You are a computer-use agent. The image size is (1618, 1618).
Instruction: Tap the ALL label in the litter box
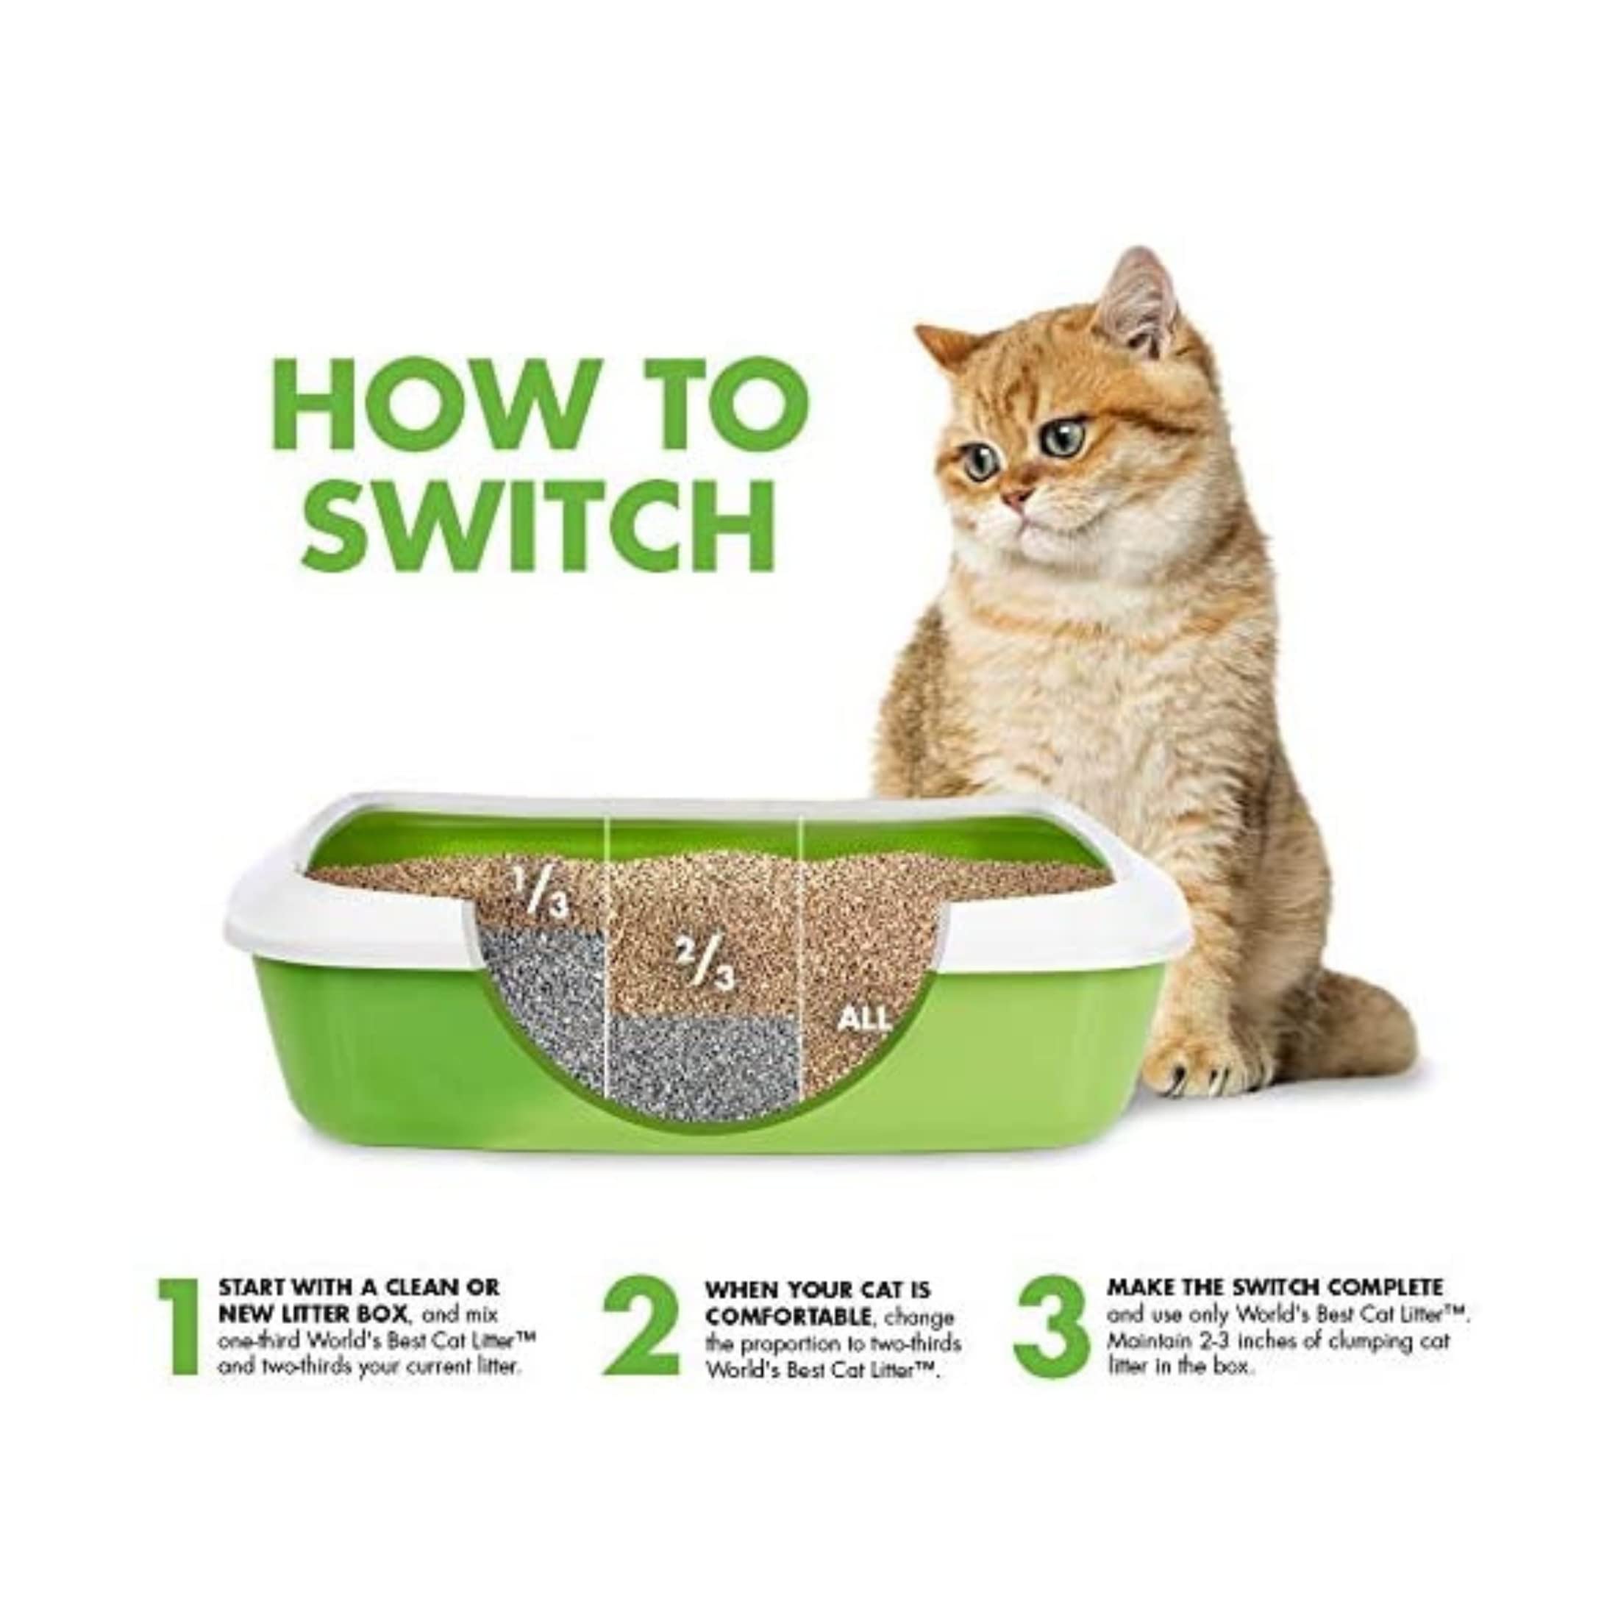pyautogui.click(x=864, y=1019)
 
